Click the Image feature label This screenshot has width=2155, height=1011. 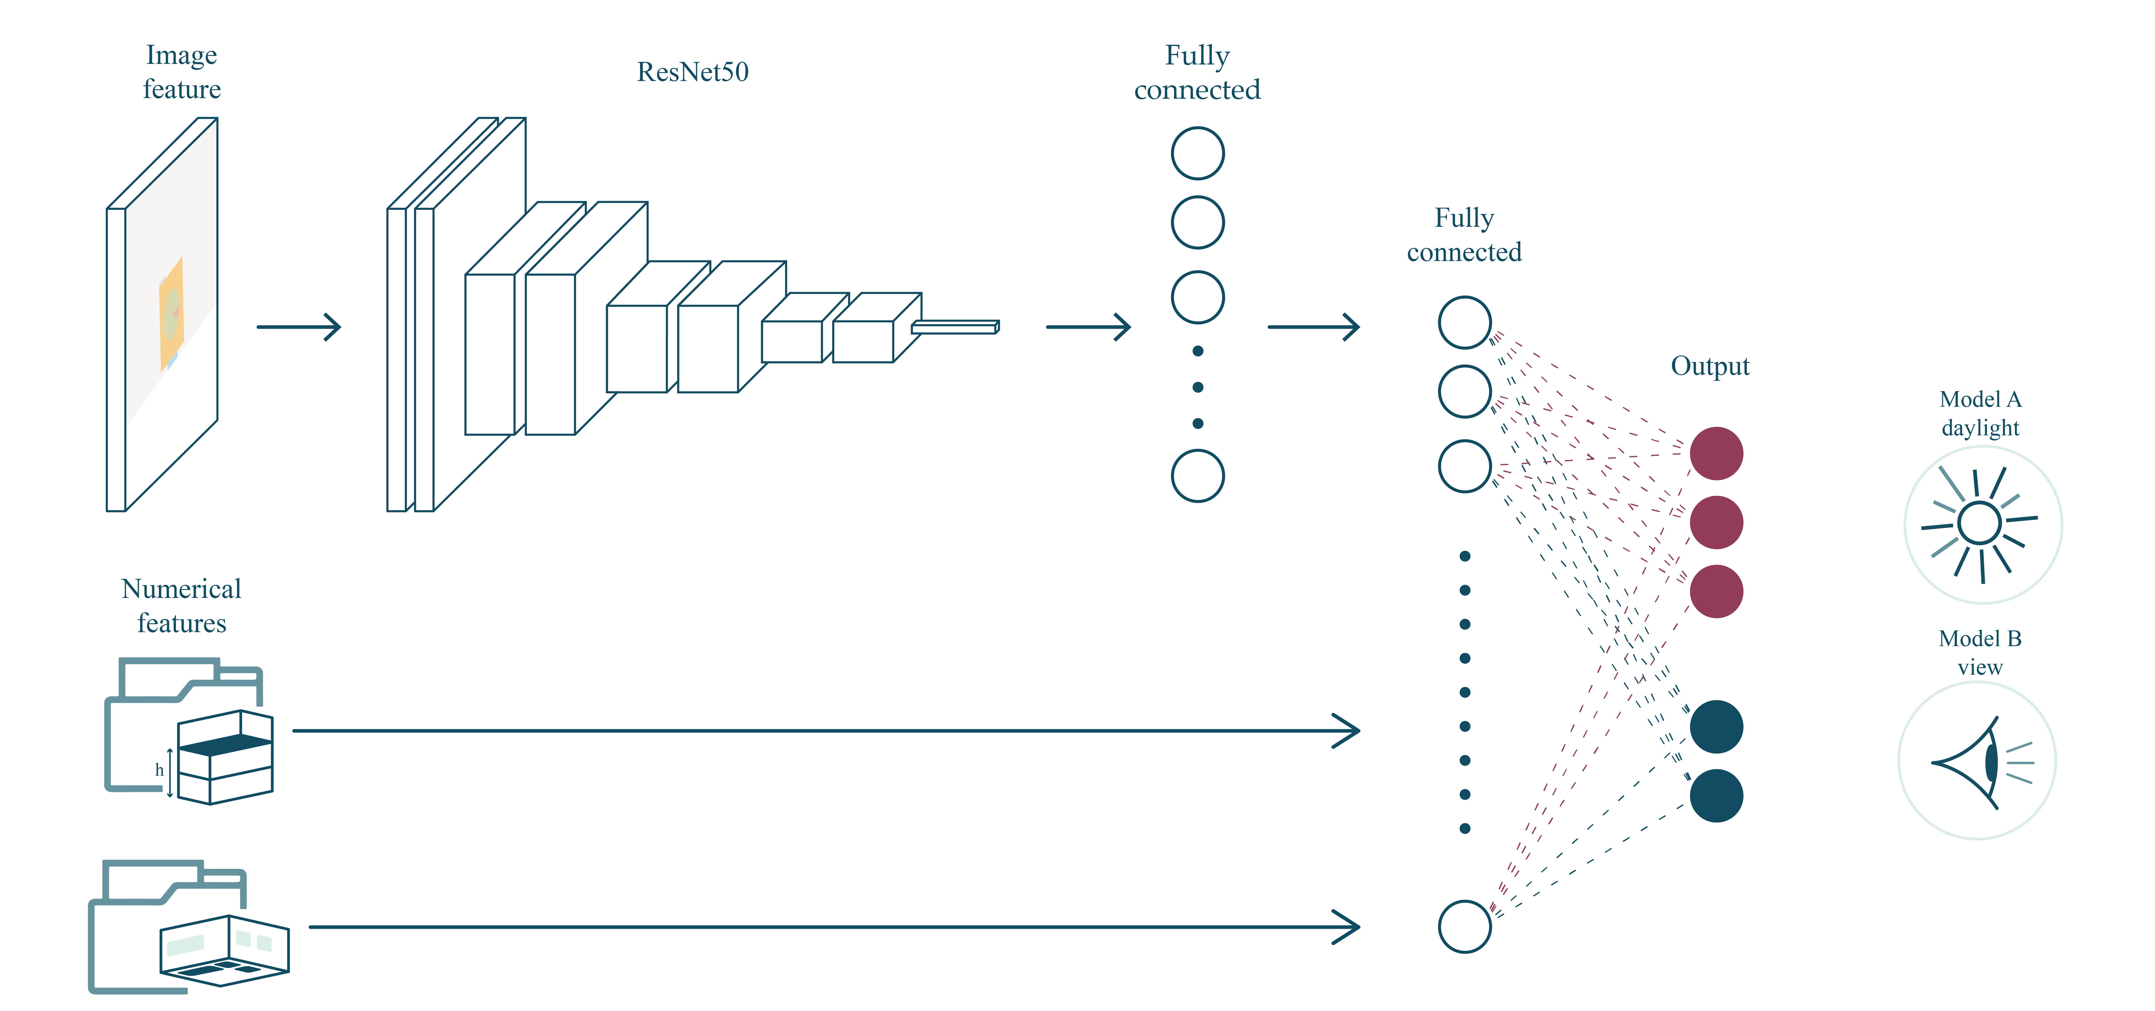(x=182, y=72)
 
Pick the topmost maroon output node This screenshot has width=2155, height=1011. (x=1716, y=454)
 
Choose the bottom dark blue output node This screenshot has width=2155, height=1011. (x=1716, y=795)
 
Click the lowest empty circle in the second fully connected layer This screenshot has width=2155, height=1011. (x=1464, y=927)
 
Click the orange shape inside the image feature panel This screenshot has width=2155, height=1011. (x=172, y=314)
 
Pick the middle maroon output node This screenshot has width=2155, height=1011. (x=1716, y=522)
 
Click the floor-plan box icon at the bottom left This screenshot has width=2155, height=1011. (x=224, y=950)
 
